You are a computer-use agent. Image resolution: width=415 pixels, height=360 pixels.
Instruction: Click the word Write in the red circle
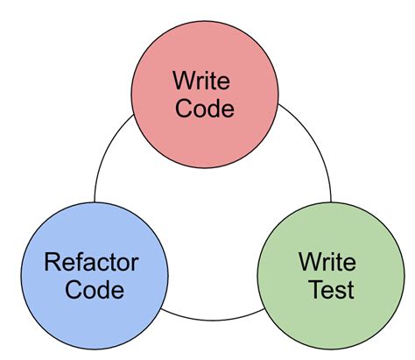point(203,83)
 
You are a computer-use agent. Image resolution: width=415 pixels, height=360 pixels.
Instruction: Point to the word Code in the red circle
point(204,109)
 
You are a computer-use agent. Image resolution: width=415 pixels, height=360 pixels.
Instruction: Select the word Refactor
point(91,263)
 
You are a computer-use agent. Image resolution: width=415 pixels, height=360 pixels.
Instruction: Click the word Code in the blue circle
point(91,290)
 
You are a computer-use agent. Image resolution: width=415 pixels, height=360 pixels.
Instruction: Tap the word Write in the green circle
point(326,262)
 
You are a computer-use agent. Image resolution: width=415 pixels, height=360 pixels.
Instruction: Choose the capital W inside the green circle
point(307,262)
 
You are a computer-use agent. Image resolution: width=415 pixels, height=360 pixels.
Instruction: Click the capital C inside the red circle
point(182,109)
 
